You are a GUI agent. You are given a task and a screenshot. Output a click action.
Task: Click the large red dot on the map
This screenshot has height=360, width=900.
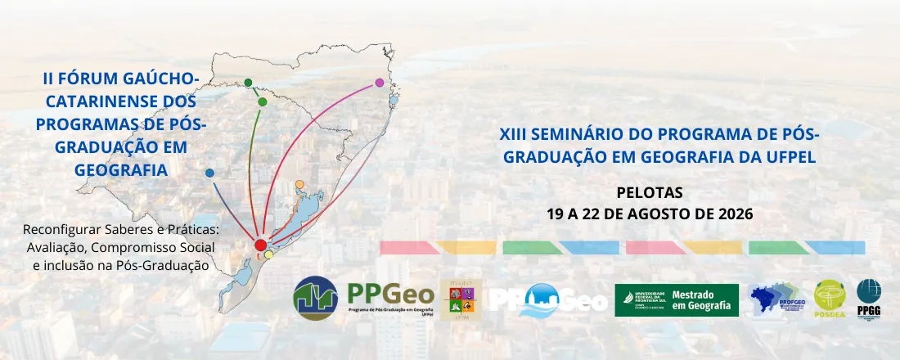pyautogui.click(x=260, y=245)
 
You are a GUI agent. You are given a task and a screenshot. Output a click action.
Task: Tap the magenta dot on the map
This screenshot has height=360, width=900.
pyautogui.click(x=379, y=83)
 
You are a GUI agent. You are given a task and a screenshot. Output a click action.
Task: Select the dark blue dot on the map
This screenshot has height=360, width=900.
pyautogui.click(x=210, y=173)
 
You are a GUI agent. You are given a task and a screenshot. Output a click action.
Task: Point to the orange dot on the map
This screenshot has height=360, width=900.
pyautogui.click(x=299, y=184)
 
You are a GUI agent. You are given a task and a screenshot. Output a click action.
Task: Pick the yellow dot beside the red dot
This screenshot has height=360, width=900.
pyautogui.click(x=269, y=254)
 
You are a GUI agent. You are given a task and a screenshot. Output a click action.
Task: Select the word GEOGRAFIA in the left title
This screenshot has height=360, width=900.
pyautogui.click(x=120, y=169)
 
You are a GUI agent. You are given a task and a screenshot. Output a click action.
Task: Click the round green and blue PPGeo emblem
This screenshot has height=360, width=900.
pyautogui.click(x=316, y=298)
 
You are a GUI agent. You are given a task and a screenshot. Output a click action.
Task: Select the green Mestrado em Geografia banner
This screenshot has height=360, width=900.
pyautogui.click(x=676, y=299)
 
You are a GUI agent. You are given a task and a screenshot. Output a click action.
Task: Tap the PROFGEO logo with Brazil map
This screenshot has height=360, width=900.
pyautogui.click(x=777, y=299)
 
